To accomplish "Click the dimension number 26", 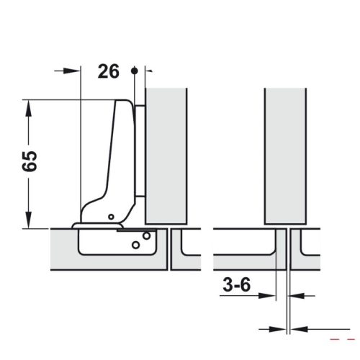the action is tap(109, 71).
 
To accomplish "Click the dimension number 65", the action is tap(30, 161).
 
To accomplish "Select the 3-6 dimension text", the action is tap(237, 284).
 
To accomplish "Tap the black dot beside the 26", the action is tap(135, 71).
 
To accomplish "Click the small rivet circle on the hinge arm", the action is tap(111, 217).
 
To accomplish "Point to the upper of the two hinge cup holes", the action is tap(146, 235).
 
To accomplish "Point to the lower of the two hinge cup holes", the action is tap(135, 245).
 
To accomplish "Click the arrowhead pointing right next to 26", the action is tap(71, 71).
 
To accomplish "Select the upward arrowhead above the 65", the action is tap(29, 108).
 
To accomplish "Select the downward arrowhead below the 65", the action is tap(29, 220).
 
